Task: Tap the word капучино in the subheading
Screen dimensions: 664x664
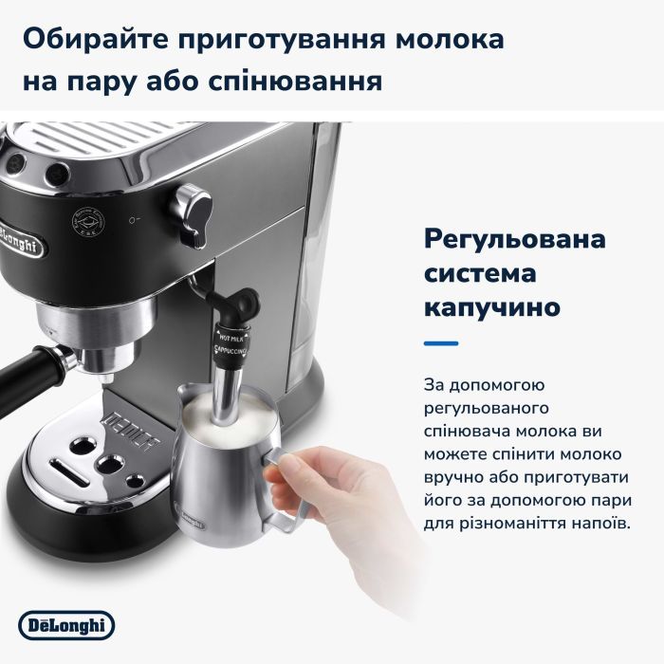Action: click(x=492, y=308)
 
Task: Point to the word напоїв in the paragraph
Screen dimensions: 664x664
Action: click(x=600, y=523)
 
